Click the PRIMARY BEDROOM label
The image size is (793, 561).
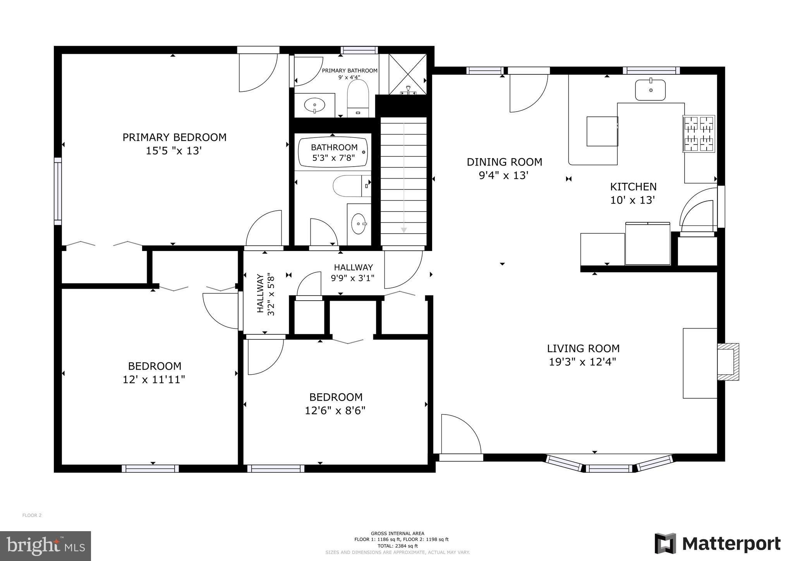[x=174, y=137]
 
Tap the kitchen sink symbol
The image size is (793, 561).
[x=650, y=90]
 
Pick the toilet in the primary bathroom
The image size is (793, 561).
[x=358, y=98]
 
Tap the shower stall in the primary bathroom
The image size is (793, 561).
[x=407, y=74]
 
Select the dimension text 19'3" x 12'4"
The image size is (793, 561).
[x=583, y=362]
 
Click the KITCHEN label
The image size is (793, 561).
[x=633, y=187]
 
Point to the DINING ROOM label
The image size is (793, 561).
[x=504, y=162]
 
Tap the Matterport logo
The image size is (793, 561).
[x=717, y=543]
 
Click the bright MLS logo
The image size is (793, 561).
[x=46, y=546]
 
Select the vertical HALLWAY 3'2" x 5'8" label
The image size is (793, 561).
[x=265, y=294]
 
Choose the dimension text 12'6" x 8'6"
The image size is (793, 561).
[x=335, y=410]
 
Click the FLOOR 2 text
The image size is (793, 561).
[x=32, y=515]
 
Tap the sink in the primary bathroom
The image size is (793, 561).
[x=314, y=105]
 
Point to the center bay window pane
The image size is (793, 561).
[x=609, y=469]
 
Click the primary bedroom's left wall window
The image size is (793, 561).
[x=58, y=191]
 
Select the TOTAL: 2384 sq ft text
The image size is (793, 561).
[x=397, y=546]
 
